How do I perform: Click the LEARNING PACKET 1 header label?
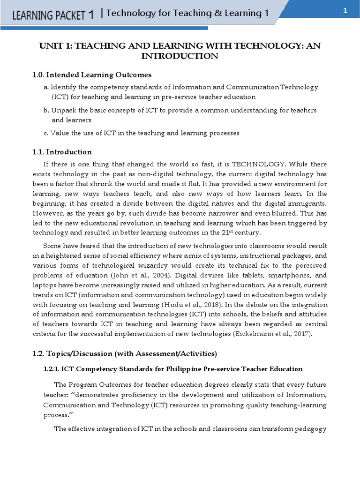pyautogui.click(x=52, y=15)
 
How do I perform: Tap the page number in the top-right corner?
pyautogui.click(x=345, y=12)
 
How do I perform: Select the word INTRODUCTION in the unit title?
pyautogui.click(x=180, y=56)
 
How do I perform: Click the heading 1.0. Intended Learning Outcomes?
pyautogui.click(x=92, y=75)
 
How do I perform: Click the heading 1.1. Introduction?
pyautogui.click(x=62, y=152)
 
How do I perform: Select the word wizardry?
pyautogui.click(x=140, y=266)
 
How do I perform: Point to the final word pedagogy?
pyautogui.click(x=310, y=428)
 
